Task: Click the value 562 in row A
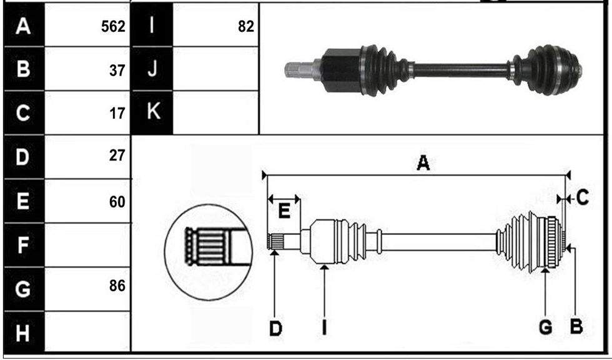point(113,26)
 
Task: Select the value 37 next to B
point(117,71)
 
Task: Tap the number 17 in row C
point(117,114)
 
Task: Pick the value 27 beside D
point(117,156)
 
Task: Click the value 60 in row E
point(117,202)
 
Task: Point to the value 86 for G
point(117,286)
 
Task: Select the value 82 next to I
point(246,26)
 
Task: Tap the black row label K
point(152,112)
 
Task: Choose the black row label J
point(152,69)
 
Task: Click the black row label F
point(23,245)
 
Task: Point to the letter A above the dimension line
point(423,163)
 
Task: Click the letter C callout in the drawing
point(582,198)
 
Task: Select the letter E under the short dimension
point(284,211)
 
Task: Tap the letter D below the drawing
point(275,329)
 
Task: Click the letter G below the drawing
point(545,327)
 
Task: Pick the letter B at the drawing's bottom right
point(576,326)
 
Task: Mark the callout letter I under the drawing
point(324,327)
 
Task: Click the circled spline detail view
point(209,252)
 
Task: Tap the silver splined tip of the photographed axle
point(299,69)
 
